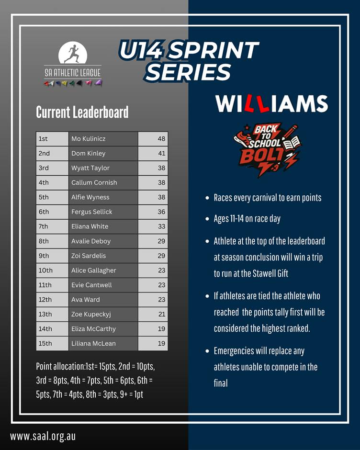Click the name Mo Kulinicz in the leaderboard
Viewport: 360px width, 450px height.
pyautogui.click(x=89, y=139)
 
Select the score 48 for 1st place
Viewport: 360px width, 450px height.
pyautogui.click(x=161, y=139)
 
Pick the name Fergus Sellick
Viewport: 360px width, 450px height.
pyautogui.click(x=91, y=212)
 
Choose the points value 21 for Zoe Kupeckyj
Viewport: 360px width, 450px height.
pyautogui.click(x=162, y=314)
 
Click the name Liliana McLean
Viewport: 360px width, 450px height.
pyautogui.click(x=93, y=344)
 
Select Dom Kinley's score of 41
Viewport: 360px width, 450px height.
pyautogui.click(x=162, y=153)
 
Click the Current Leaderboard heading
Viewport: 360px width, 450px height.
pyautogui.click(x=82, y=112)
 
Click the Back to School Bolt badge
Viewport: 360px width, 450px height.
pyautogui.click(x=267, y=149)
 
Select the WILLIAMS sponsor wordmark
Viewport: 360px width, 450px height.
pyautogui.click(x=271, y=103)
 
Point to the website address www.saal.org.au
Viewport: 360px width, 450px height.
pyautogui.click(x=43, y=436)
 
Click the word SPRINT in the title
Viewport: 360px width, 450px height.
pyautogui.click(x=214, y=50)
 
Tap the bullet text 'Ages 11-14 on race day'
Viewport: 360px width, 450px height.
pyautogui.click(x=247, y=219)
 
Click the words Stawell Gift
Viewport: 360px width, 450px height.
pyautogui.click(x=270, y=273)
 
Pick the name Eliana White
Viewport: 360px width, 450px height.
pyautogui.click(x=90, y=226)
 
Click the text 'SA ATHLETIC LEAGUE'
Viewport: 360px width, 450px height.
pyautogui.click(x=73, y=73)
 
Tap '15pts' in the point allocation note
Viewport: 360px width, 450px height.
pyautogui.click(x=106, y=367)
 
